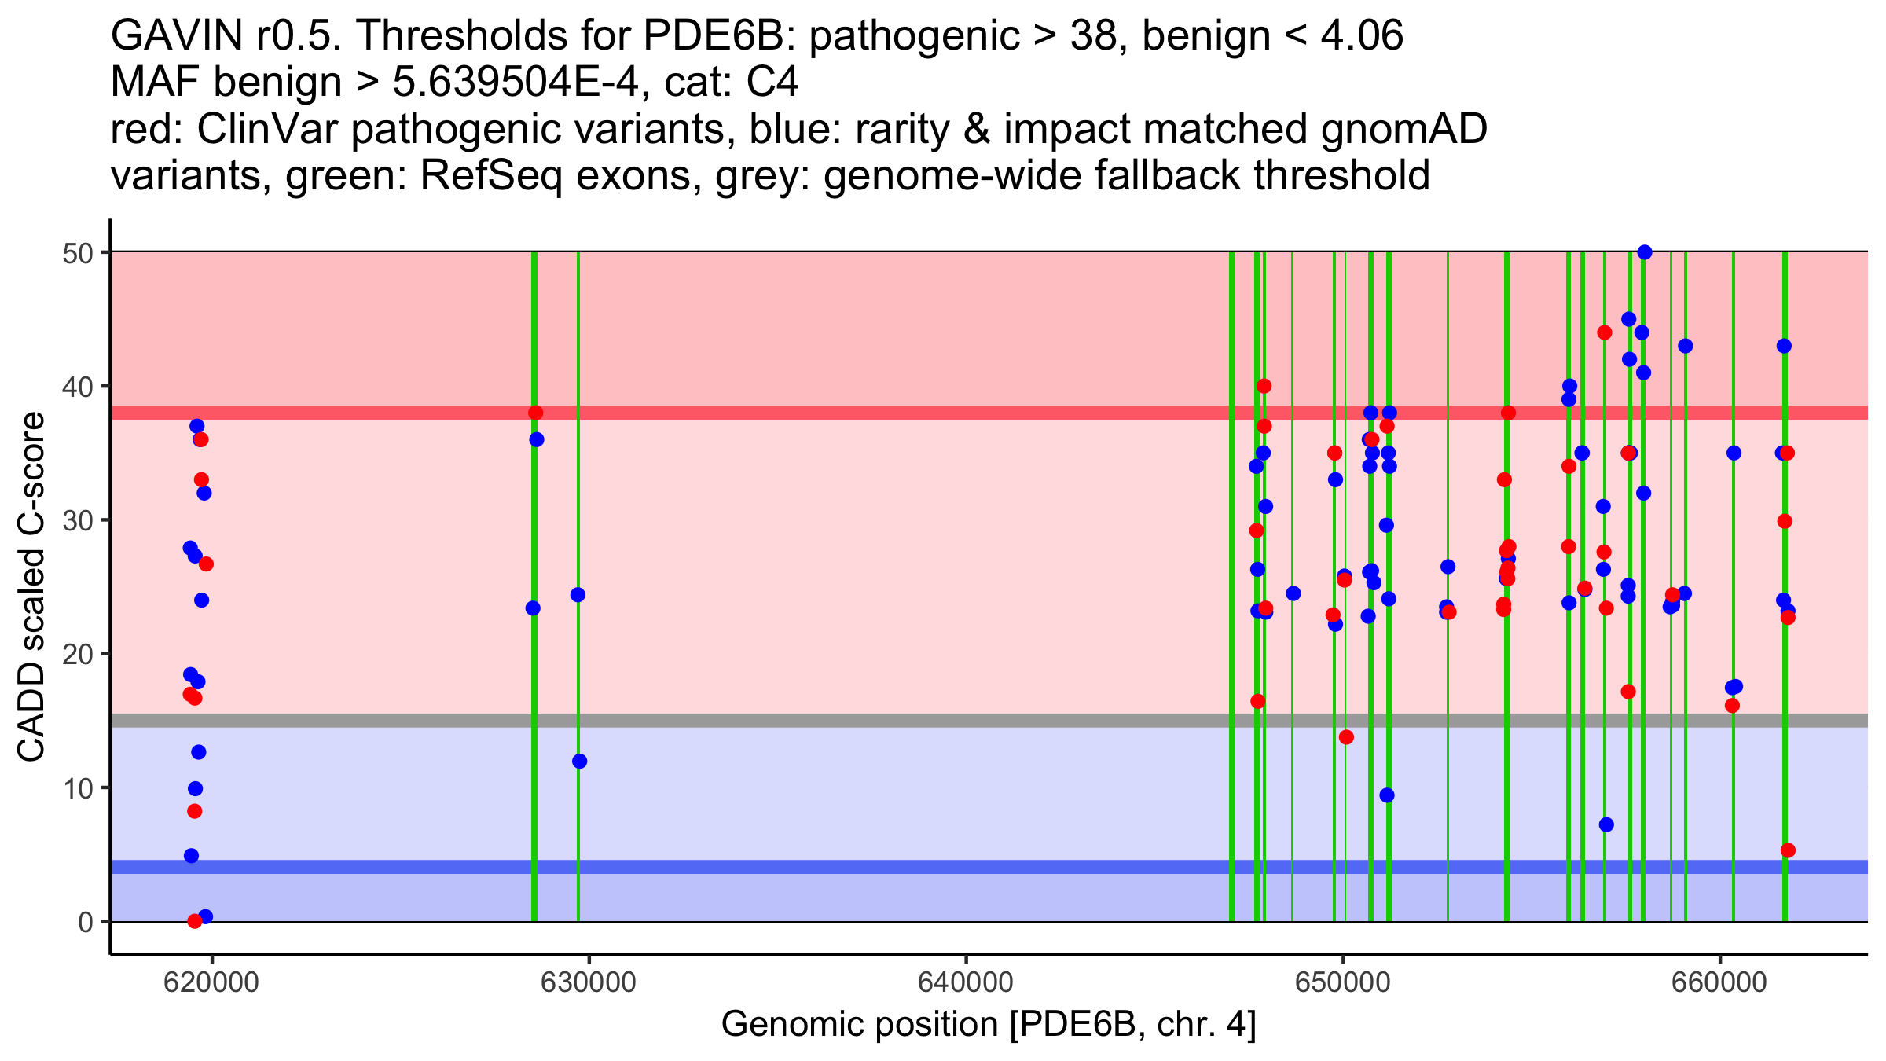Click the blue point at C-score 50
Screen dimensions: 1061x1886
1645,252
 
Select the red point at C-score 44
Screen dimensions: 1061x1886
1605,332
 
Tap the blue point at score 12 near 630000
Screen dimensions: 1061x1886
579,761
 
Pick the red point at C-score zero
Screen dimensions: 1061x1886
195,921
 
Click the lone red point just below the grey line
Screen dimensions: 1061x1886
1346,737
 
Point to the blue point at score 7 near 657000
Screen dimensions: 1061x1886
1606,824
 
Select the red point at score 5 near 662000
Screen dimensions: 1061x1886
1788,850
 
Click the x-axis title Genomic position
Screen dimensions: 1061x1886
989,1025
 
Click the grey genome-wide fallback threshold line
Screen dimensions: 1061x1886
786,721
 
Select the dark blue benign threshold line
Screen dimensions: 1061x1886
786,867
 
